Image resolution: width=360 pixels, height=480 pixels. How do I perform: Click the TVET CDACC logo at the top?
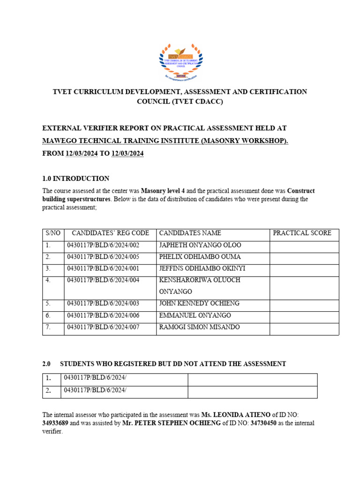click(x=181, y=60)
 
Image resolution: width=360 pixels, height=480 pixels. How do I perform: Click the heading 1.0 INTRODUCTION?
click(x=76, y=179)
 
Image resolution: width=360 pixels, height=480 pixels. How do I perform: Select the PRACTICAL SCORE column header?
click(x=302, y=233)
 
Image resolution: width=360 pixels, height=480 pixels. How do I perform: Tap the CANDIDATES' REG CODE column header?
click(x=110, y=233)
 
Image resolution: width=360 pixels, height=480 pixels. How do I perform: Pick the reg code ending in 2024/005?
click(x=103, y=257)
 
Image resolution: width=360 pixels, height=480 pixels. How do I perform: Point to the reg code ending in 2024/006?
click(x=103, y=315)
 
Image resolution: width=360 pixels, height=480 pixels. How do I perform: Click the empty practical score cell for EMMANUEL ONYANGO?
click(x=304, y=315)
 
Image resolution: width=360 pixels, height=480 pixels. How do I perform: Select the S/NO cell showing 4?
click(x=48, y=280)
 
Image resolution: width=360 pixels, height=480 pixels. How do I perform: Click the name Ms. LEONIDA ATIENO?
click(x=236, y=415)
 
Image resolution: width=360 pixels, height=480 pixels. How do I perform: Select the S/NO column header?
click(x=53, y=233)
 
